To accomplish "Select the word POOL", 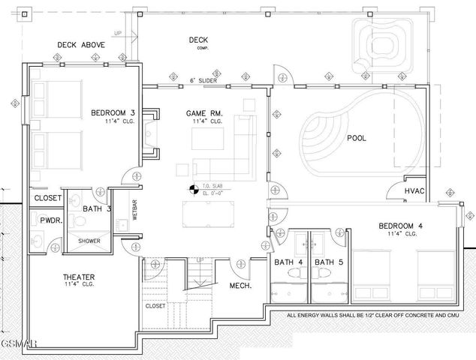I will (x=357, y=138).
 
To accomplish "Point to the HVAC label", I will (x=414, y=191).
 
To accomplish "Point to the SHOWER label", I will (x=89, y=241).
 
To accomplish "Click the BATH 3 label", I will (x=97, y=208).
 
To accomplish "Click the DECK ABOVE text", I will (x=81, y=45).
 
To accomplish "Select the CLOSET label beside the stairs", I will (x=155, y=306).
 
